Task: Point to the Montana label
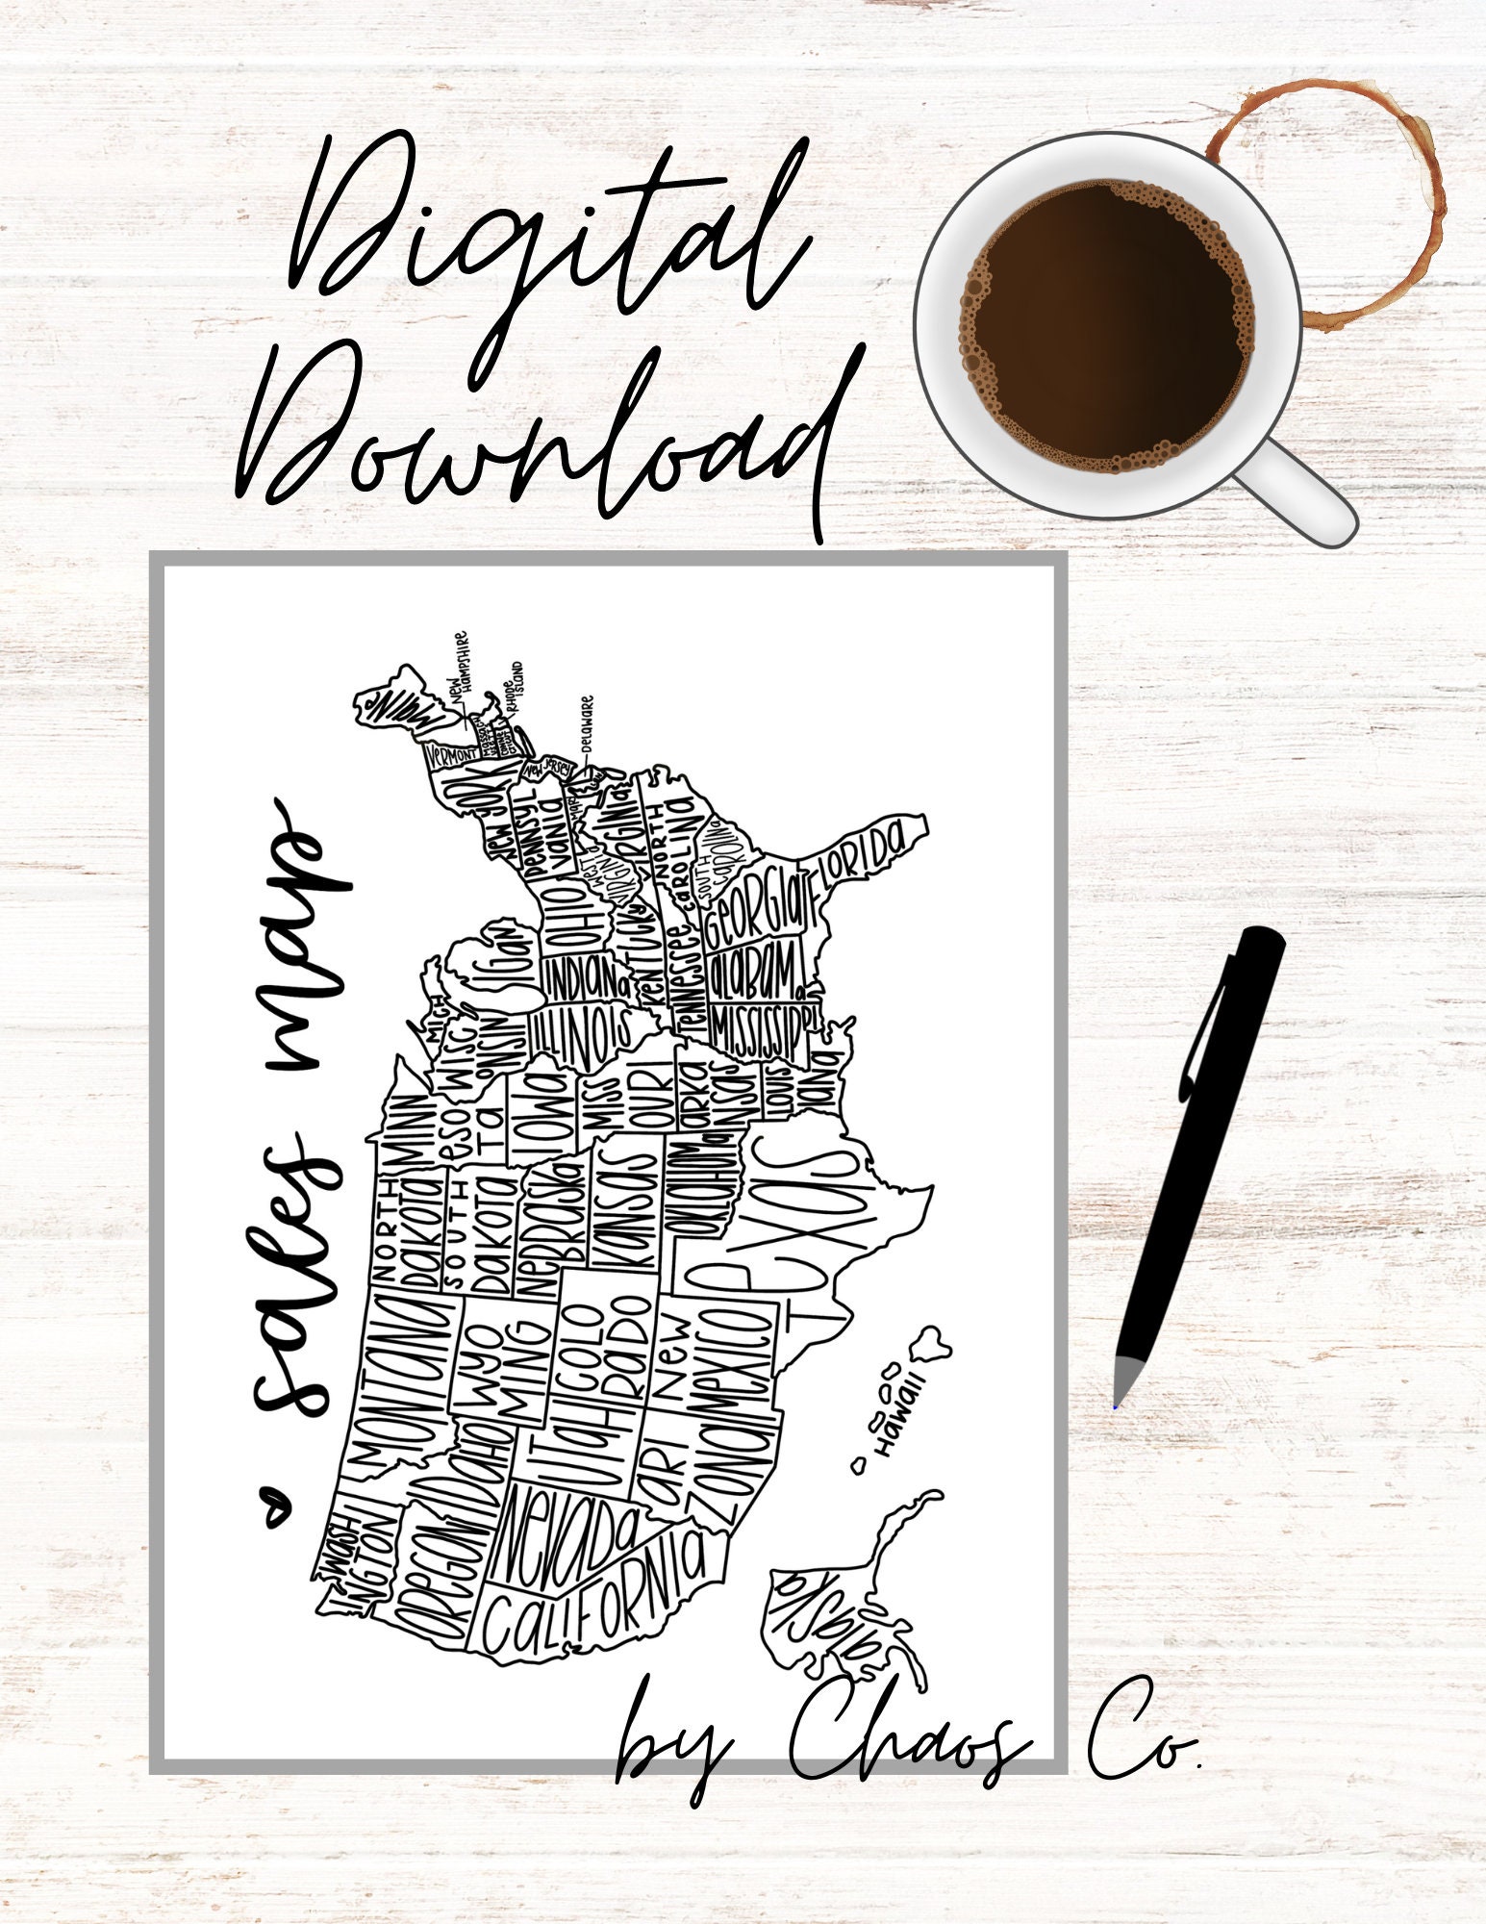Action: pyautogui.click(x=399, y=1385)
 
